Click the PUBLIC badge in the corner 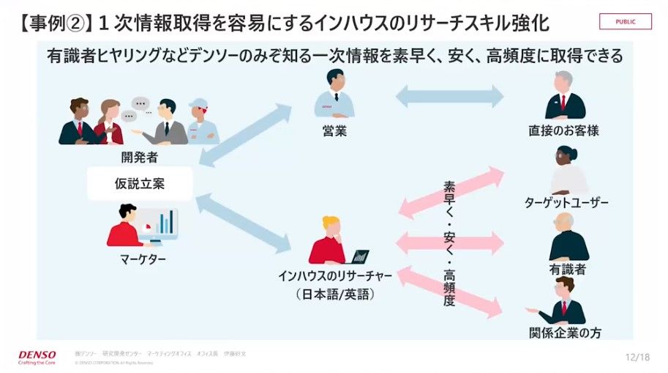tap(625, 21)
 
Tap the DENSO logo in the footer tap(37, 355)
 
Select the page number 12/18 tap(637, 356)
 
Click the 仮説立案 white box tap(139, 184)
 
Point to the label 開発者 tap(139, 156)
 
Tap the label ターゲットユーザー tap(566, 203)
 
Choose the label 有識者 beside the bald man tap(567, 270)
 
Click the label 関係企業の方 tap(566, 333)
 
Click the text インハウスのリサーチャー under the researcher tap(335, 276)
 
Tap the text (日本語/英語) tap(335, 295)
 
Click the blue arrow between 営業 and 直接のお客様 tap(449, 96)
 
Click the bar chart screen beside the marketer tap(160, 223)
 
